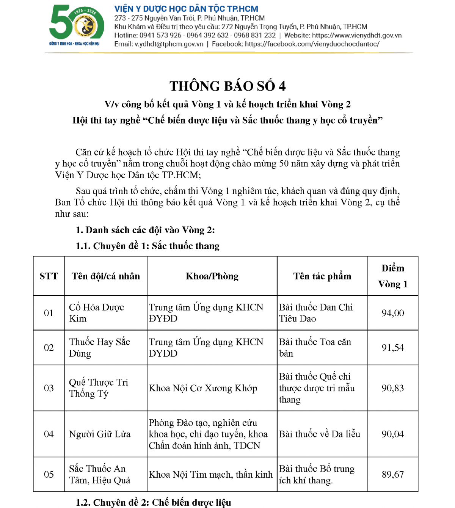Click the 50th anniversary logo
[76, 26]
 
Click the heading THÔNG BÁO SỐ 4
[227, 86]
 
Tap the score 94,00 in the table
[393, 313]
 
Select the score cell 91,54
[393, 348]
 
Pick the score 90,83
[393, 388]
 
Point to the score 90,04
[393, 434]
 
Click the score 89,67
[393, 475]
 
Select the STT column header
[49, 276]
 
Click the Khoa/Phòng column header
[212, 276]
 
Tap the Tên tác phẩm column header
[322, 276]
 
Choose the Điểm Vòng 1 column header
[393, 276]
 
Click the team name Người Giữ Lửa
[100, 434]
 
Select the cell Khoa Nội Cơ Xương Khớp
[203, 388]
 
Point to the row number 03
[49, 388]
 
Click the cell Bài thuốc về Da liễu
[320, 434]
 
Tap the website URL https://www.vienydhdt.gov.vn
[357, 35]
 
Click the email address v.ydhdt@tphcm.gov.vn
[169, 44]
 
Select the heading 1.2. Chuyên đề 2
[153, 502]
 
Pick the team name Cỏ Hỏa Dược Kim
[97, 313]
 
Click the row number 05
[49, 475]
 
